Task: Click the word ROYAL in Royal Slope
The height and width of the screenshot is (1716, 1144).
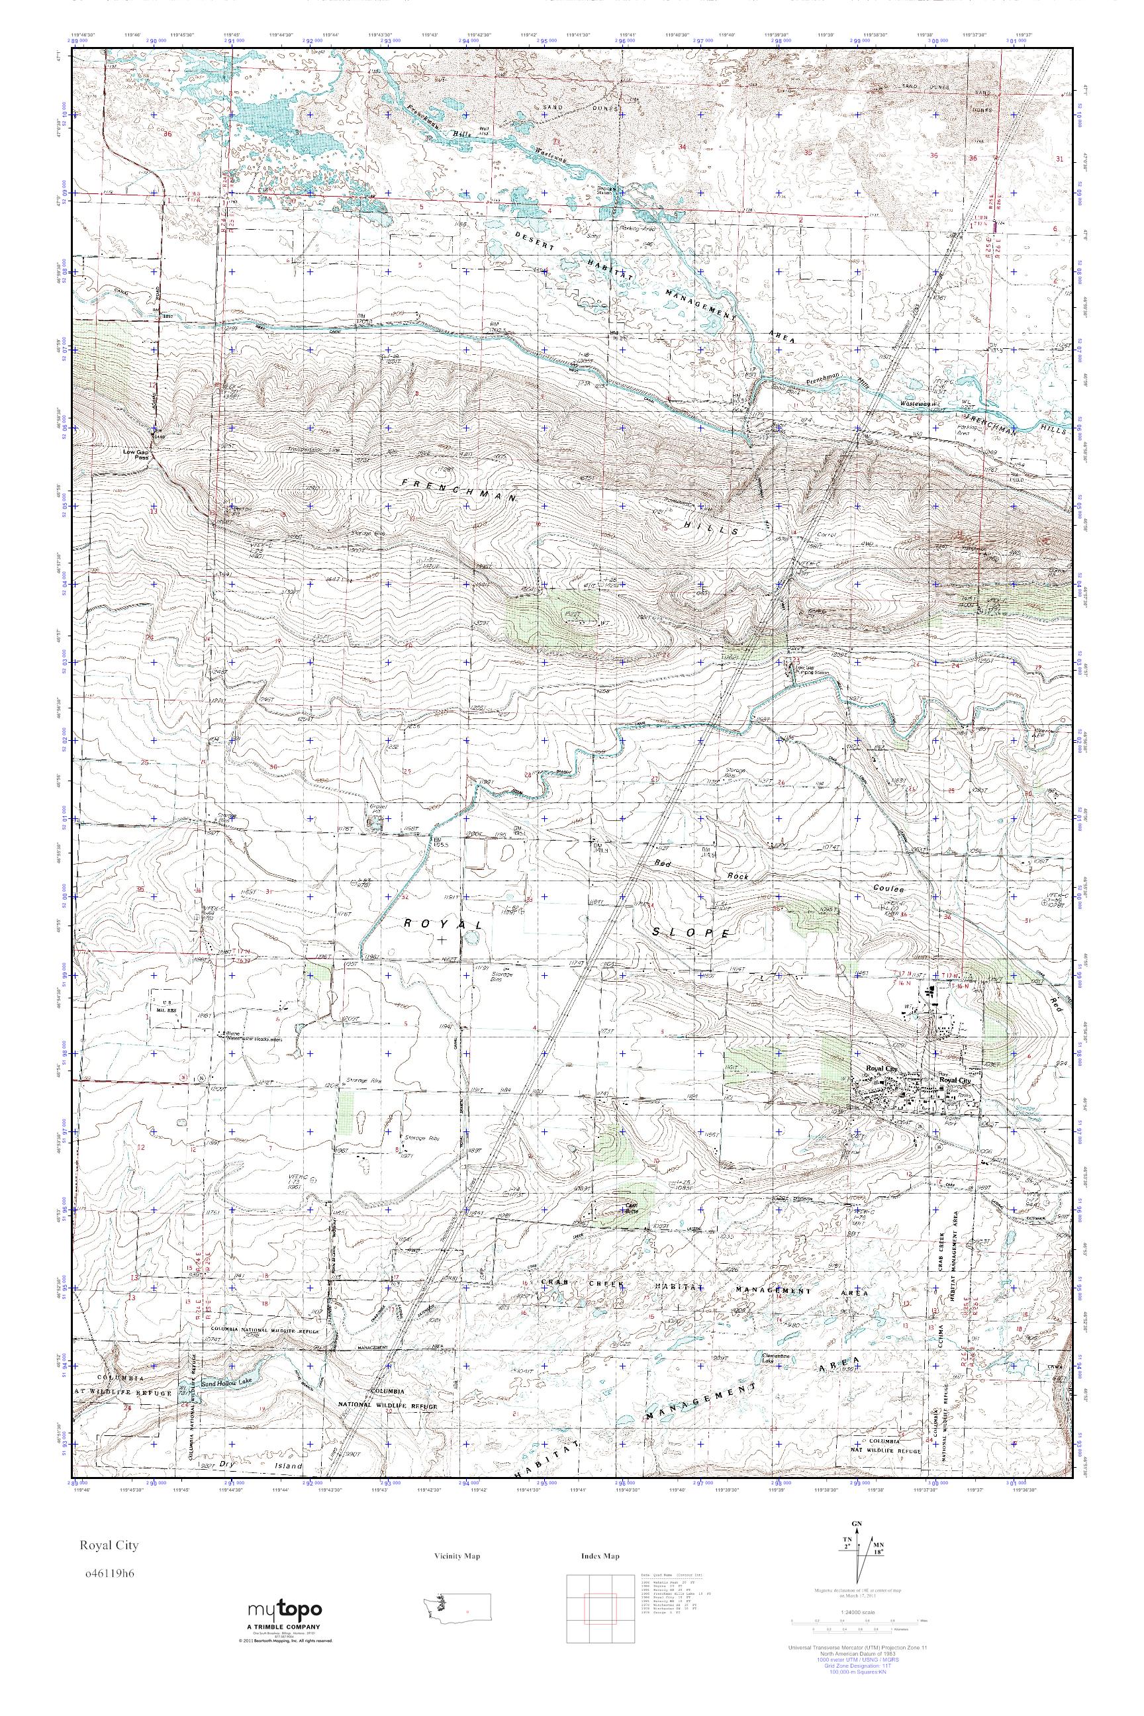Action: point(444,924)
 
